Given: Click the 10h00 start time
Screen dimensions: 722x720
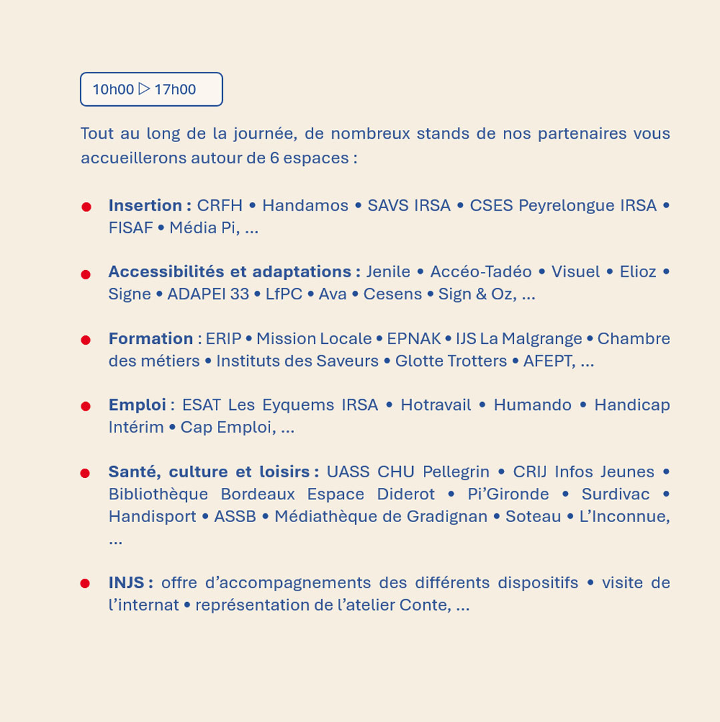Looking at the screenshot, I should coord(113,89).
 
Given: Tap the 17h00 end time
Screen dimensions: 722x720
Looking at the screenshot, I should coord(175,89).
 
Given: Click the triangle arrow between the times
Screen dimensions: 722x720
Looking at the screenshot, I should coord(144,89).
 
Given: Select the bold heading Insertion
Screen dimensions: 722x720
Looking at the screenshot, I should coord(145,205).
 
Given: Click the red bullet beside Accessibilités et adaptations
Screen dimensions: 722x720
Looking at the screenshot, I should coord(85,274).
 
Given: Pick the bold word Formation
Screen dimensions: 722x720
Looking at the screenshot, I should coord(151,339).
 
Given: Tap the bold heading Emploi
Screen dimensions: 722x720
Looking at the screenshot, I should coord(137,405).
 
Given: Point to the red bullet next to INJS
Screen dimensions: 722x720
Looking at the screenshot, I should coord(85,583).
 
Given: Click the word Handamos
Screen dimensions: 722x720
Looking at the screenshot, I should coord(305,205).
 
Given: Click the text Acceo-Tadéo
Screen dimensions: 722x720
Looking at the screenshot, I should coord(481,272).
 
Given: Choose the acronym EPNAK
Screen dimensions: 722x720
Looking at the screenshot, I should coord(414,339).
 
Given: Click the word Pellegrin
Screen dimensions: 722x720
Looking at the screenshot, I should coord(456,472).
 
